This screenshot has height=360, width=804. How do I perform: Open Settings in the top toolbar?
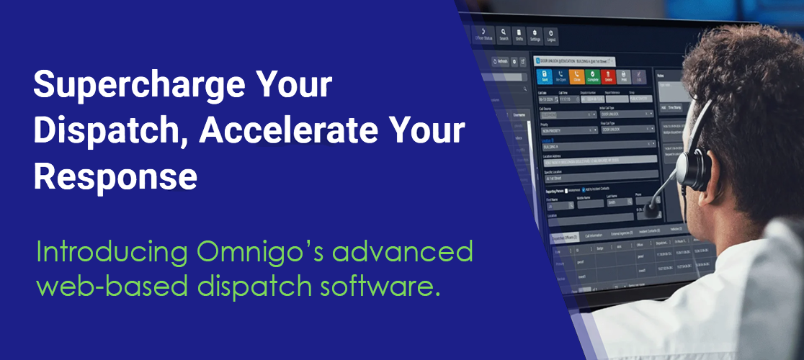point(535,35)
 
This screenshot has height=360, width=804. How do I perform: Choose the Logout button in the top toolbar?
point(551,35)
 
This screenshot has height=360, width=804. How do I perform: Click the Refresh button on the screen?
point(500,61)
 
